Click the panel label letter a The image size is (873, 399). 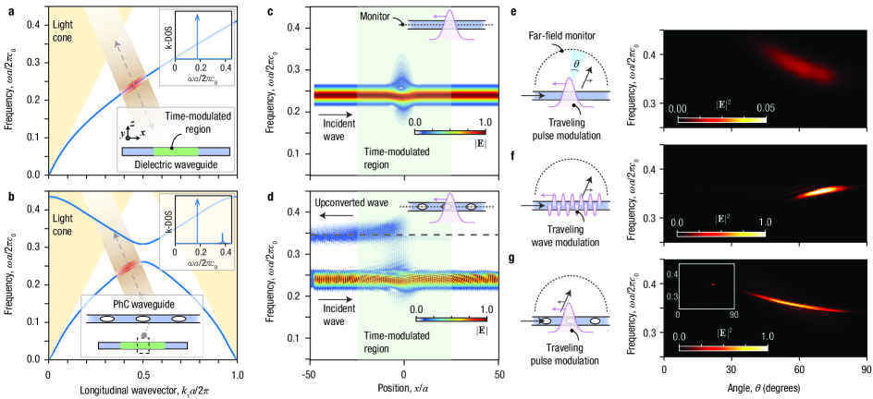pyautogui.click(x=6, y=10)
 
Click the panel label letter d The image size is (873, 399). pyautogui.click(x=293, y=196)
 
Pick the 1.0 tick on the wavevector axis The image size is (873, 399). pyautogui.click(x=238, y=374)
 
